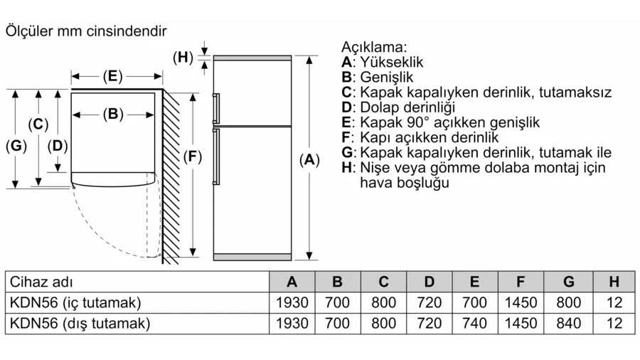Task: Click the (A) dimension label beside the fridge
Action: tap(309, 160)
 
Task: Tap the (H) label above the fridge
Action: tap(183, 57)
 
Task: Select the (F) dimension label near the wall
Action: tap(191, 158)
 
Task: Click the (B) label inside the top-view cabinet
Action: tap(113, 113)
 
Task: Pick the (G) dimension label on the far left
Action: tap(16, 147)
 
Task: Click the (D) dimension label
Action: tap(58, 147)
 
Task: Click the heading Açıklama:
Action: tap(374, 47)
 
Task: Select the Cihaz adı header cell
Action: tap(42, 282)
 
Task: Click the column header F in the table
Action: tap(521, 282)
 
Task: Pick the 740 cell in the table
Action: tap(474, 324)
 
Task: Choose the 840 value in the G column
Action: tap(568, 324)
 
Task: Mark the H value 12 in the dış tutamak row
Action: tap(614, 324)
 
